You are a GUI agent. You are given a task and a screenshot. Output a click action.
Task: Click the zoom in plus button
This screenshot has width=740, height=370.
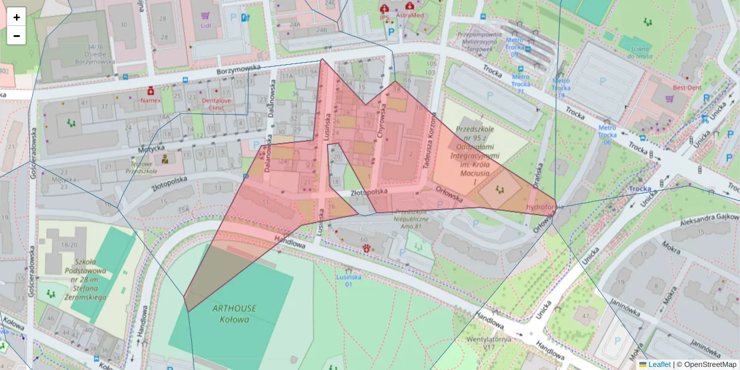click(17, 17)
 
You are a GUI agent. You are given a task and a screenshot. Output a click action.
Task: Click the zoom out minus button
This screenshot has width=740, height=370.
click(17, 36)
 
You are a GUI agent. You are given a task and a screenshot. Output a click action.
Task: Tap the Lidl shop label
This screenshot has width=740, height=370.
click(205, 26)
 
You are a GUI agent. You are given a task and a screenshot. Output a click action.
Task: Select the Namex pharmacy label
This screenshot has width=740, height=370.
click(150, 100)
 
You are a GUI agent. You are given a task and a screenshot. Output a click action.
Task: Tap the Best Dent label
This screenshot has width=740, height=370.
click(687, 88)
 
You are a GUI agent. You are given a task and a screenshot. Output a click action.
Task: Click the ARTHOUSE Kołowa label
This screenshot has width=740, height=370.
click(234, 313)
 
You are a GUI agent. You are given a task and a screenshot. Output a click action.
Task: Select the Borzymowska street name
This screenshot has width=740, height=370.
click(239, 72)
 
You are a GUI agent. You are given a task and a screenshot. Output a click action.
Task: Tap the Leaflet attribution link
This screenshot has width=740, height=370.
click(659, 364)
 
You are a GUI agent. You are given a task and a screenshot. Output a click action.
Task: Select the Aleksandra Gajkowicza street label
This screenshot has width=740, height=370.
click(709, 221)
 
